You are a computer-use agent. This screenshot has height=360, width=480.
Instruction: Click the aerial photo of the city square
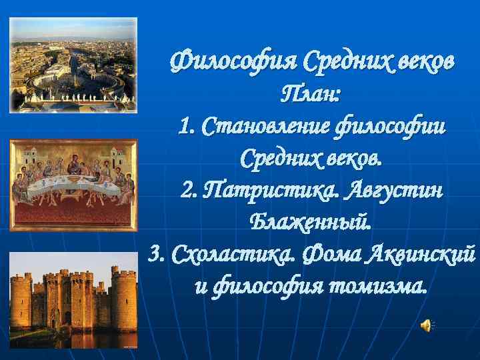pyautogui.click(x=73, y=65)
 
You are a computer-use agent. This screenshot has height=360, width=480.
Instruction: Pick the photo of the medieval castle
pyautogui.click(x=73, y=300)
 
